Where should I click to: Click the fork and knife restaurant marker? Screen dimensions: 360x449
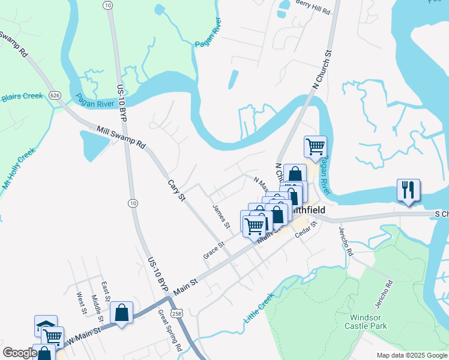coord(408,190)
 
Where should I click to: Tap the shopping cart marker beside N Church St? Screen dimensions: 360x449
coord(315,146)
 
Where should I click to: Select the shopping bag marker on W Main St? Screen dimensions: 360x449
coord(121,312)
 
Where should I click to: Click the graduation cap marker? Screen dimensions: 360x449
coord(46,325)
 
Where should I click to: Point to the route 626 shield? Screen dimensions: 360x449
coord(56,95)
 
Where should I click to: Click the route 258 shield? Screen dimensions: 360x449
coord(176,313)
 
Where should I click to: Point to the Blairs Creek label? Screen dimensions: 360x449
coord(22,97)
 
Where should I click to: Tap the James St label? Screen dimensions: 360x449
coord(221,216)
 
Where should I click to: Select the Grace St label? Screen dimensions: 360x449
coord(213,250)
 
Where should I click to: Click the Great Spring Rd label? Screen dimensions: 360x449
coord(169,329)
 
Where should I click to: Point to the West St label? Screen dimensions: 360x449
coord(81,302)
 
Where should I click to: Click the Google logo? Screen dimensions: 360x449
coord(20,353)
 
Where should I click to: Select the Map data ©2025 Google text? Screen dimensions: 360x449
coord(411,355)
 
